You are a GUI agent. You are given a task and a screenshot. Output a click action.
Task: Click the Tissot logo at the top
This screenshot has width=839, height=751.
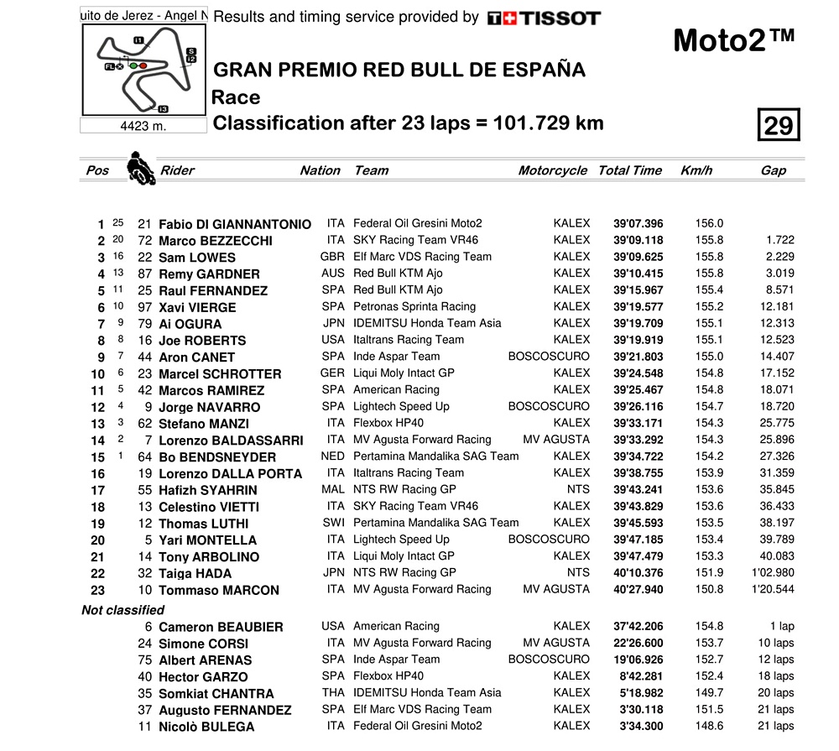point(544,18)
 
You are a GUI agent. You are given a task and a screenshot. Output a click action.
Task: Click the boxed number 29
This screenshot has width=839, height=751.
point(778,125)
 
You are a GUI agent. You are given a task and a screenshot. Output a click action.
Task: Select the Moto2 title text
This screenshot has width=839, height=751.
point(733,40)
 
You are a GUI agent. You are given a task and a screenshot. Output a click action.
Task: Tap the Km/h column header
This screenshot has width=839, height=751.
point(696,170)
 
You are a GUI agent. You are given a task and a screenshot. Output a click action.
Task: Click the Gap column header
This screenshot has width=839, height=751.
point(773,170)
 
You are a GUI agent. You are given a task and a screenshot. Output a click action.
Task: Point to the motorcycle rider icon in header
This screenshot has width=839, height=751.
point(140,168)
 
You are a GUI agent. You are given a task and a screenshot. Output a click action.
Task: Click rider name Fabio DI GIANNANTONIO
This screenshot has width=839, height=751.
point(235,224)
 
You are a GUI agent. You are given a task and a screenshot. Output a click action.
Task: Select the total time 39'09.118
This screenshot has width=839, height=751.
point(638,240)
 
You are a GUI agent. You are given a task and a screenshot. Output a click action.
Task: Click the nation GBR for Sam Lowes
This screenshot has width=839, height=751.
point(333,257)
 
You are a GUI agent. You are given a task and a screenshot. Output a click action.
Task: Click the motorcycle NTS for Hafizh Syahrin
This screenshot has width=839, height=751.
point(578,489)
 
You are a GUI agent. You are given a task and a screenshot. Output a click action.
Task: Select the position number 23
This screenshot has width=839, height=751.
point(98,590)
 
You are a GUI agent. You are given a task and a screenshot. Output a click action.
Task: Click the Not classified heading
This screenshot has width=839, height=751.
point(122,610)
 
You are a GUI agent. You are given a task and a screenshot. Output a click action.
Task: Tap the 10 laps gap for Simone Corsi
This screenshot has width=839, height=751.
point(775,643)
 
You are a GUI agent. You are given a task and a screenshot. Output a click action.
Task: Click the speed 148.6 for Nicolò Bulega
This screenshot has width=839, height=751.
point(709,726)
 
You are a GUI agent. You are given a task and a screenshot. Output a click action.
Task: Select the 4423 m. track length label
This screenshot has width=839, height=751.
point(144,126)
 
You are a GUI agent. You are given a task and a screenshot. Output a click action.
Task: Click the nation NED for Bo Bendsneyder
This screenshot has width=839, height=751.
point(333,456)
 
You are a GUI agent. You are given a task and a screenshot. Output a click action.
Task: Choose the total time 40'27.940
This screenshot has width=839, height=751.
point(638,589)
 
